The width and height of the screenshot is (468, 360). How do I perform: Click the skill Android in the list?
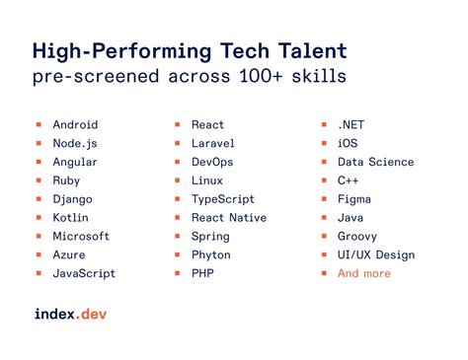click(75, 125)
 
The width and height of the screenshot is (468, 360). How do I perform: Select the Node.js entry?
click(75, 144)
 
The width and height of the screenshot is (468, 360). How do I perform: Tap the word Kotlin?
click(71, 218)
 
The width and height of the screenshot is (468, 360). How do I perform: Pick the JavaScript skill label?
click(84, 273)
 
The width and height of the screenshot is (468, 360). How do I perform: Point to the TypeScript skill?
click(224, 199)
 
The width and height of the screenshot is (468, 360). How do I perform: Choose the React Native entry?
click(229, 218)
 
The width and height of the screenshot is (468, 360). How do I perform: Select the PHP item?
click(203, 273)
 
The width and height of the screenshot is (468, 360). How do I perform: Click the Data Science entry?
click(375, 163)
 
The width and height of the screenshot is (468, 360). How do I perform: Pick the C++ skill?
click(349, 180)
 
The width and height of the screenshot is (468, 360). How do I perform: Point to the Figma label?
click(354, 199)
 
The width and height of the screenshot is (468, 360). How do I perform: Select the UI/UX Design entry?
click(375, 254)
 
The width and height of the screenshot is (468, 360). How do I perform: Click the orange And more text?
click(363, 273)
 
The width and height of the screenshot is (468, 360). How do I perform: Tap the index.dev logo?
click(70, 315)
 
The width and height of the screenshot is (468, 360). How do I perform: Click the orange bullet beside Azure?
click(38, 254)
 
